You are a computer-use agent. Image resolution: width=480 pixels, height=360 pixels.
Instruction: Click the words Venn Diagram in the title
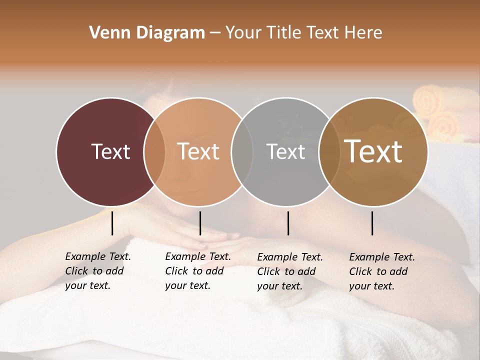pos(147,33)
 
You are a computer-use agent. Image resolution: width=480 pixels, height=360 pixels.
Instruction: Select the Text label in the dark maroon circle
pos(110,151)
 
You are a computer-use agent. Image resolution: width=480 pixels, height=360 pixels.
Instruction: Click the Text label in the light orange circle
pos(198,151)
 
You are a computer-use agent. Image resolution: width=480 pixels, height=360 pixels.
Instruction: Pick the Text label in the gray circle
pos(285,151)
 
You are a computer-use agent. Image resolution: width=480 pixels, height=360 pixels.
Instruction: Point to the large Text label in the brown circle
pos(373,151)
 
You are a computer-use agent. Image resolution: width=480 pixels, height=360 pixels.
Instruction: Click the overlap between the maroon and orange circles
pos(154,152)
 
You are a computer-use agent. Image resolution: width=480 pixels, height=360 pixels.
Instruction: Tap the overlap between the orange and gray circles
pos(242,152)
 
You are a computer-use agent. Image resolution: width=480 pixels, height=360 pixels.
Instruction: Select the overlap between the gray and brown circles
pos(329,152)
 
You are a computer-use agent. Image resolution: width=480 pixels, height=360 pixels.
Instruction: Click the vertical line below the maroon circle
pos(112,223)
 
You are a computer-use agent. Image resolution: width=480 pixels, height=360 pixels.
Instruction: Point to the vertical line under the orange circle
pos(200,223)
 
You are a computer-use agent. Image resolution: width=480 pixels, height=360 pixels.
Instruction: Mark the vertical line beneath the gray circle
pos(288,223)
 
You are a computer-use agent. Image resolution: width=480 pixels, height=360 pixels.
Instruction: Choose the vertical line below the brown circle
pos(372,223)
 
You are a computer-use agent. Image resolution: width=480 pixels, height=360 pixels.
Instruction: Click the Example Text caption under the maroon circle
pos(97,271)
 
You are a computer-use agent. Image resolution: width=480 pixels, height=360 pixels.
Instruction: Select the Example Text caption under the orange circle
pos(197,271)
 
